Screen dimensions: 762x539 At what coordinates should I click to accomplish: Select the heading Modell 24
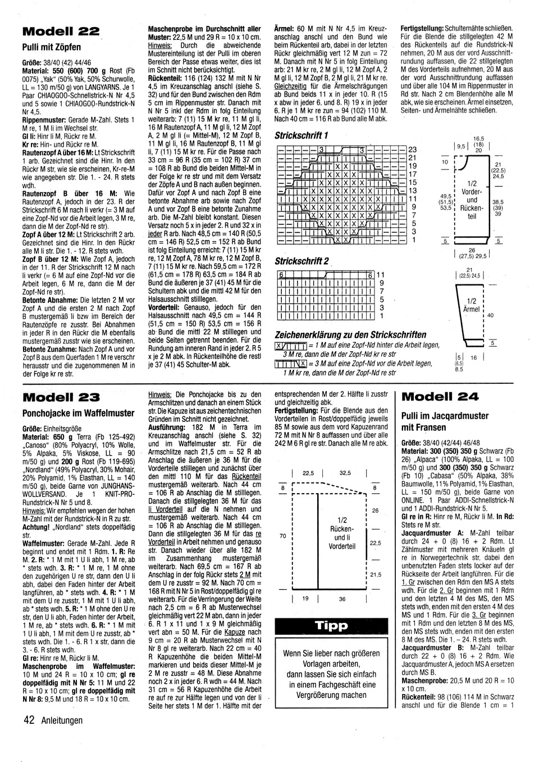click(x=441, y=397)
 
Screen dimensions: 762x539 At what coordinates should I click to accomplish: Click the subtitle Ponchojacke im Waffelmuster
click(x=78, y=414)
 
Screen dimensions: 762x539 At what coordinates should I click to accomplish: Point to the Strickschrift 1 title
click(x=302, y=135)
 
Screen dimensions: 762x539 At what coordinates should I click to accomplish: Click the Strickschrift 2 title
click(x=302, y=261)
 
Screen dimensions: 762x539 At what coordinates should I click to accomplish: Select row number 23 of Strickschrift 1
click(x=412, y=150)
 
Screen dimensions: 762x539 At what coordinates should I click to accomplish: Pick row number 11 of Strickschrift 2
click(x=380, y=275)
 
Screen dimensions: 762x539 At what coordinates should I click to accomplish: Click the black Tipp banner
click(x=331, y=626)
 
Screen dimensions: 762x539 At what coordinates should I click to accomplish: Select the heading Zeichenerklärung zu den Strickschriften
click(x=350, y=335)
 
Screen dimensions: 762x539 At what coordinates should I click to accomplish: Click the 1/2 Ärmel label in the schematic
click(x=472, y=305)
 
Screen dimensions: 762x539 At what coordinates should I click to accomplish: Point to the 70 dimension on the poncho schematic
click(x=282, y=536)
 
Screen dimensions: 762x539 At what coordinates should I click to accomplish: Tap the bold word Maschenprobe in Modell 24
click(x=425, y=680)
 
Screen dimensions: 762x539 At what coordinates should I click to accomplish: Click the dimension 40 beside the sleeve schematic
click(x=490, y=315)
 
